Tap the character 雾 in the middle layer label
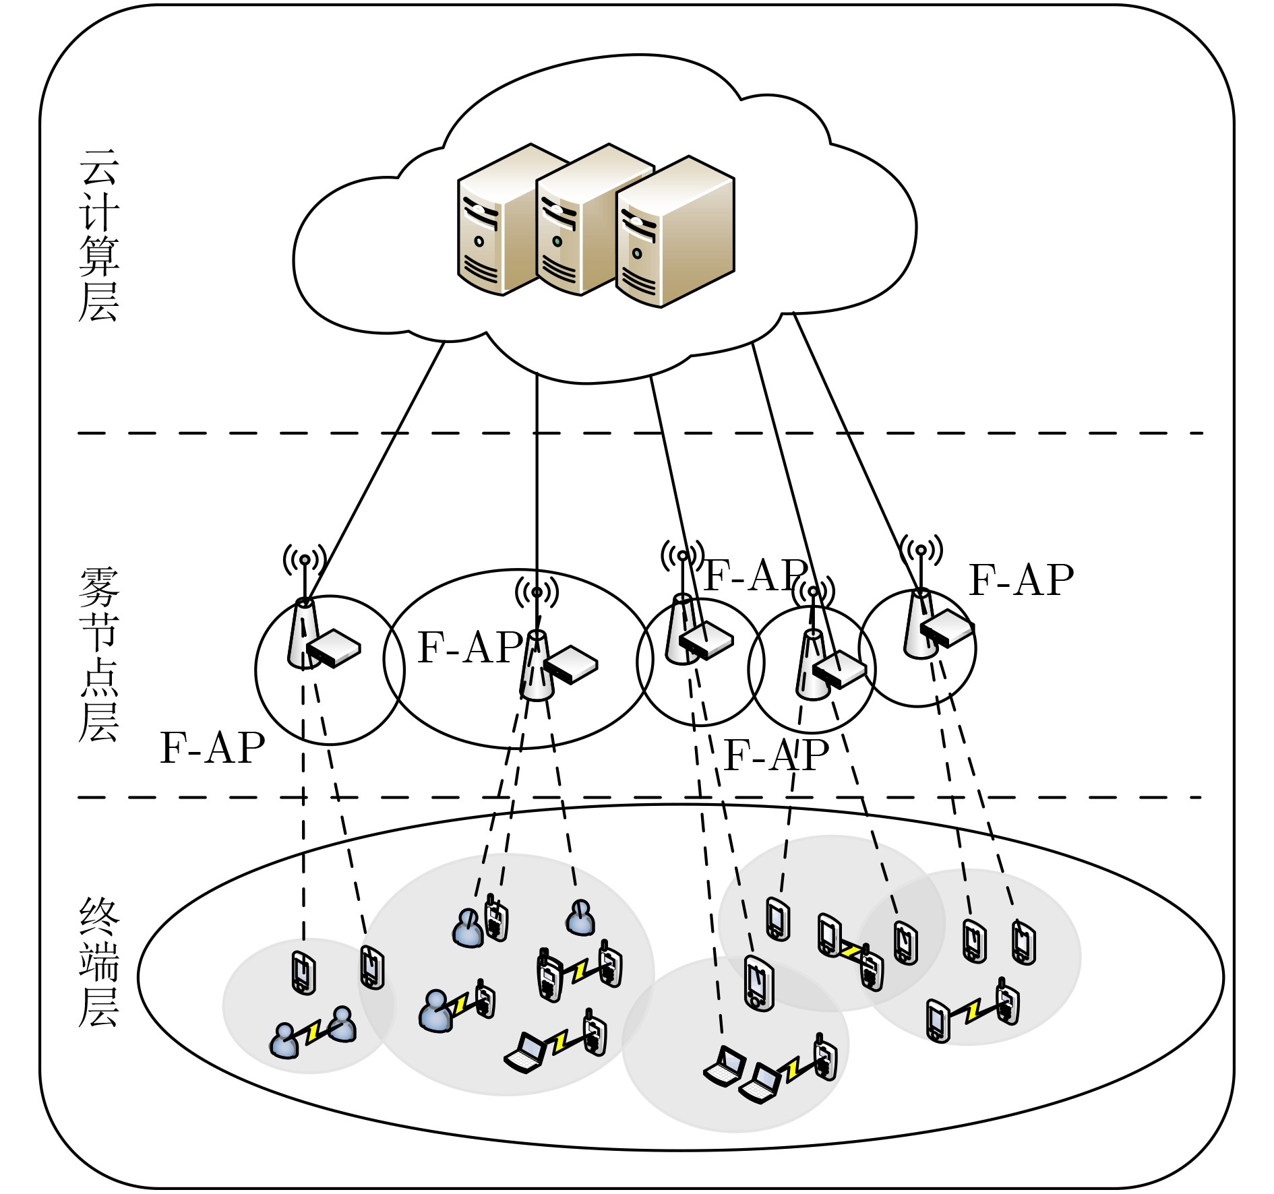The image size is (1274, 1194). [99, 587]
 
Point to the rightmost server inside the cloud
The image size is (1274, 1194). [674, 232]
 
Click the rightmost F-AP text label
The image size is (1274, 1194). [1021, 580]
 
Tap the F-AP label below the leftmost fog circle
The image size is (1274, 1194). [212, 748]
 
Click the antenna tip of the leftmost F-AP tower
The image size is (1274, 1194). [305, 559]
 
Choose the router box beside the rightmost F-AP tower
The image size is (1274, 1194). [948, 629]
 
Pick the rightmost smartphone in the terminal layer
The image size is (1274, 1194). [1024, 942]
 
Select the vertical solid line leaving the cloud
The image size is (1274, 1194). [537, 472]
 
